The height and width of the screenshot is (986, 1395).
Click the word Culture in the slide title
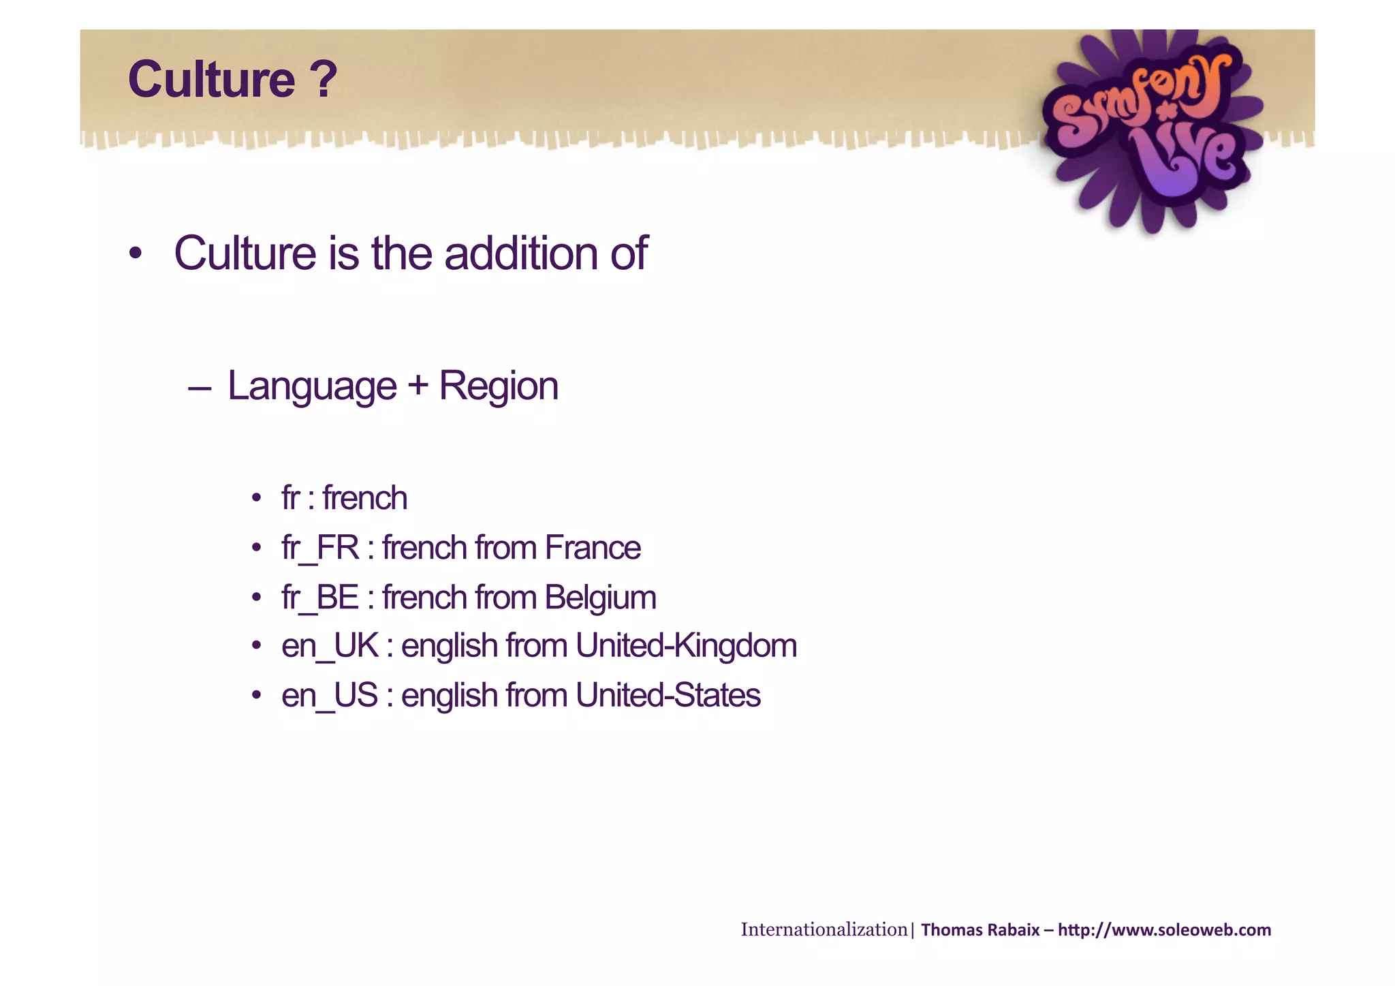tap(211, 80)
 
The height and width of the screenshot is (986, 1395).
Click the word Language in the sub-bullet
tap(311, 386)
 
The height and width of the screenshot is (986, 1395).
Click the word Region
tap(499, 386)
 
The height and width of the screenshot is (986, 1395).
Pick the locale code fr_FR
tap(320, 549)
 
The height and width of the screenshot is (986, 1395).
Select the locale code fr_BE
tap(320, 598)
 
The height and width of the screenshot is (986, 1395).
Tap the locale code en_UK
tap(330, 646)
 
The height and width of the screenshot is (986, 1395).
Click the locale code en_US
tap(330, 696)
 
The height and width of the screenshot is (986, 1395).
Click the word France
tap(593, 548)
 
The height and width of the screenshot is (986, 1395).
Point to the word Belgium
tap(600, 598)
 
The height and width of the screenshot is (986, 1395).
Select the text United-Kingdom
tap(686, 646)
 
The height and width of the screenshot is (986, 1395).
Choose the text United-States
tap(668, 696)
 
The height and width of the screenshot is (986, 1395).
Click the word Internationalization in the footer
tap(824, 929)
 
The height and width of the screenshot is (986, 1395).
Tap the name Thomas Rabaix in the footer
tap(980, 930)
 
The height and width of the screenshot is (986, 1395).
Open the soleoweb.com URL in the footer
tap(1164, 930)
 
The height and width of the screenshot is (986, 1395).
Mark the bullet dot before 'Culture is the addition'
tap(136, 254)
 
